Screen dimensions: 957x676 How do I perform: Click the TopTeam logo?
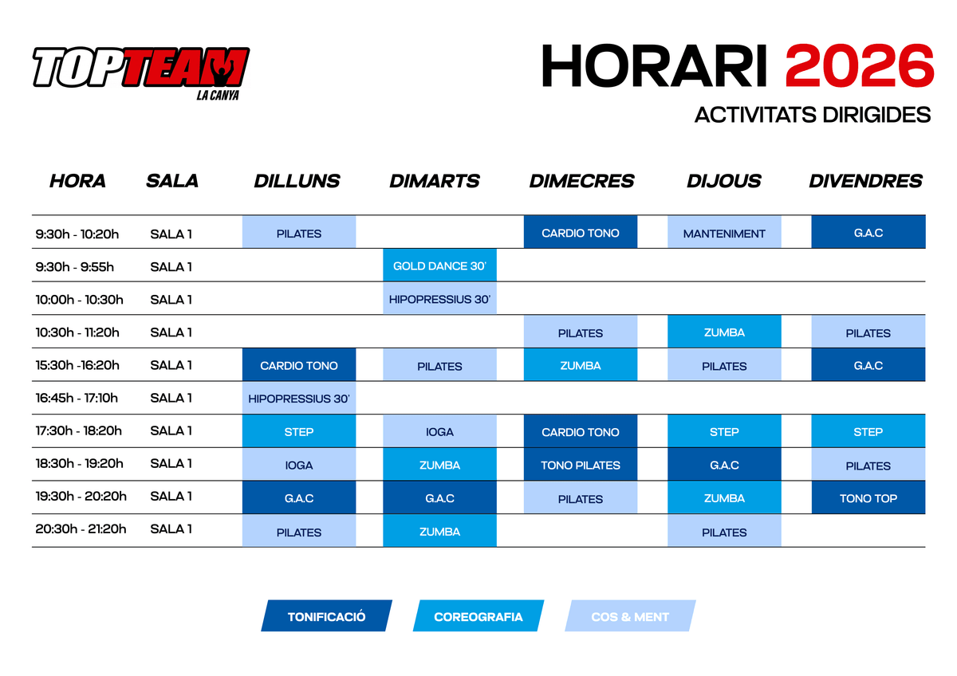pyautogui.click(x=141, y=73)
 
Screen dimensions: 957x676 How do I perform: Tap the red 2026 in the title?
pyautogui.click(x=859, y=66)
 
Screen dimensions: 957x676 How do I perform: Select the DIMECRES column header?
pyautogui.click(x=581, y=181)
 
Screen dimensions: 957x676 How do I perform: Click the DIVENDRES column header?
pyautogui.click(x=865, y=181)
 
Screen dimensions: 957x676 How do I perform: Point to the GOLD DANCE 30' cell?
pyautogui.click(x=439, y=265)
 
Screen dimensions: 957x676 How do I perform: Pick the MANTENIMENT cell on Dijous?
pyautogui.click(x=724, y=232)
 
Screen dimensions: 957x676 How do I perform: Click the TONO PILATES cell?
pyautogui.click(x=581, y=465)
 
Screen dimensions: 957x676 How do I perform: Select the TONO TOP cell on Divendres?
pyautogui.click(x=868, y=498)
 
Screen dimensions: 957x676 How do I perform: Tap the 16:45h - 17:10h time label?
pyautogui.click(x=77, y=398)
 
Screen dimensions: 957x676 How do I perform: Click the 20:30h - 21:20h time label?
pyautogui.click(x=81, y=529)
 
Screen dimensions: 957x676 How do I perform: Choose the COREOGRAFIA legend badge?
pyautogui.click(x=478, y=615)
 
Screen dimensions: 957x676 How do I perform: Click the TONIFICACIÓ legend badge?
pyautogui.click(x=327, y=615)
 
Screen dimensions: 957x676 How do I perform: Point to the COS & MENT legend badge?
pyautogui.click(x=630, y=615)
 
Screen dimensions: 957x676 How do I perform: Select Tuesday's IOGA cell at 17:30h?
pyautogui.click(x=439, y=431)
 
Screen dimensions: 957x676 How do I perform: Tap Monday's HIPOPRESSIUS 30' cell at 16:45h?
pyautogui.click(x=299, y=398)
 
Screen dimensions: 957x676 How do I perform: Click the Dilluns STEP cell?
pyautogui.click(x=299, y=431)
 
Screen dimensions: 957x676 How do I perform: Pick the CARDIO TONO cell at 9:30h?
pyautogui.click(x=581, y=232)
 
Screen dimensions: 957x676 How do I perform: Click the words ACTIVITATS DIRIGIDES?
pyautogui.click(x=813, y=115)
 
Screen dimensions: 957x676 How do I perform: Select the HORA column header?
pyautogui.click(x=77, y=181)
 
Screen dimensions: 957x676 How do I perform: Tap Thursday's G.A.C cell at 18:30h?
pyautogui.click(x=724, y=465)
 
